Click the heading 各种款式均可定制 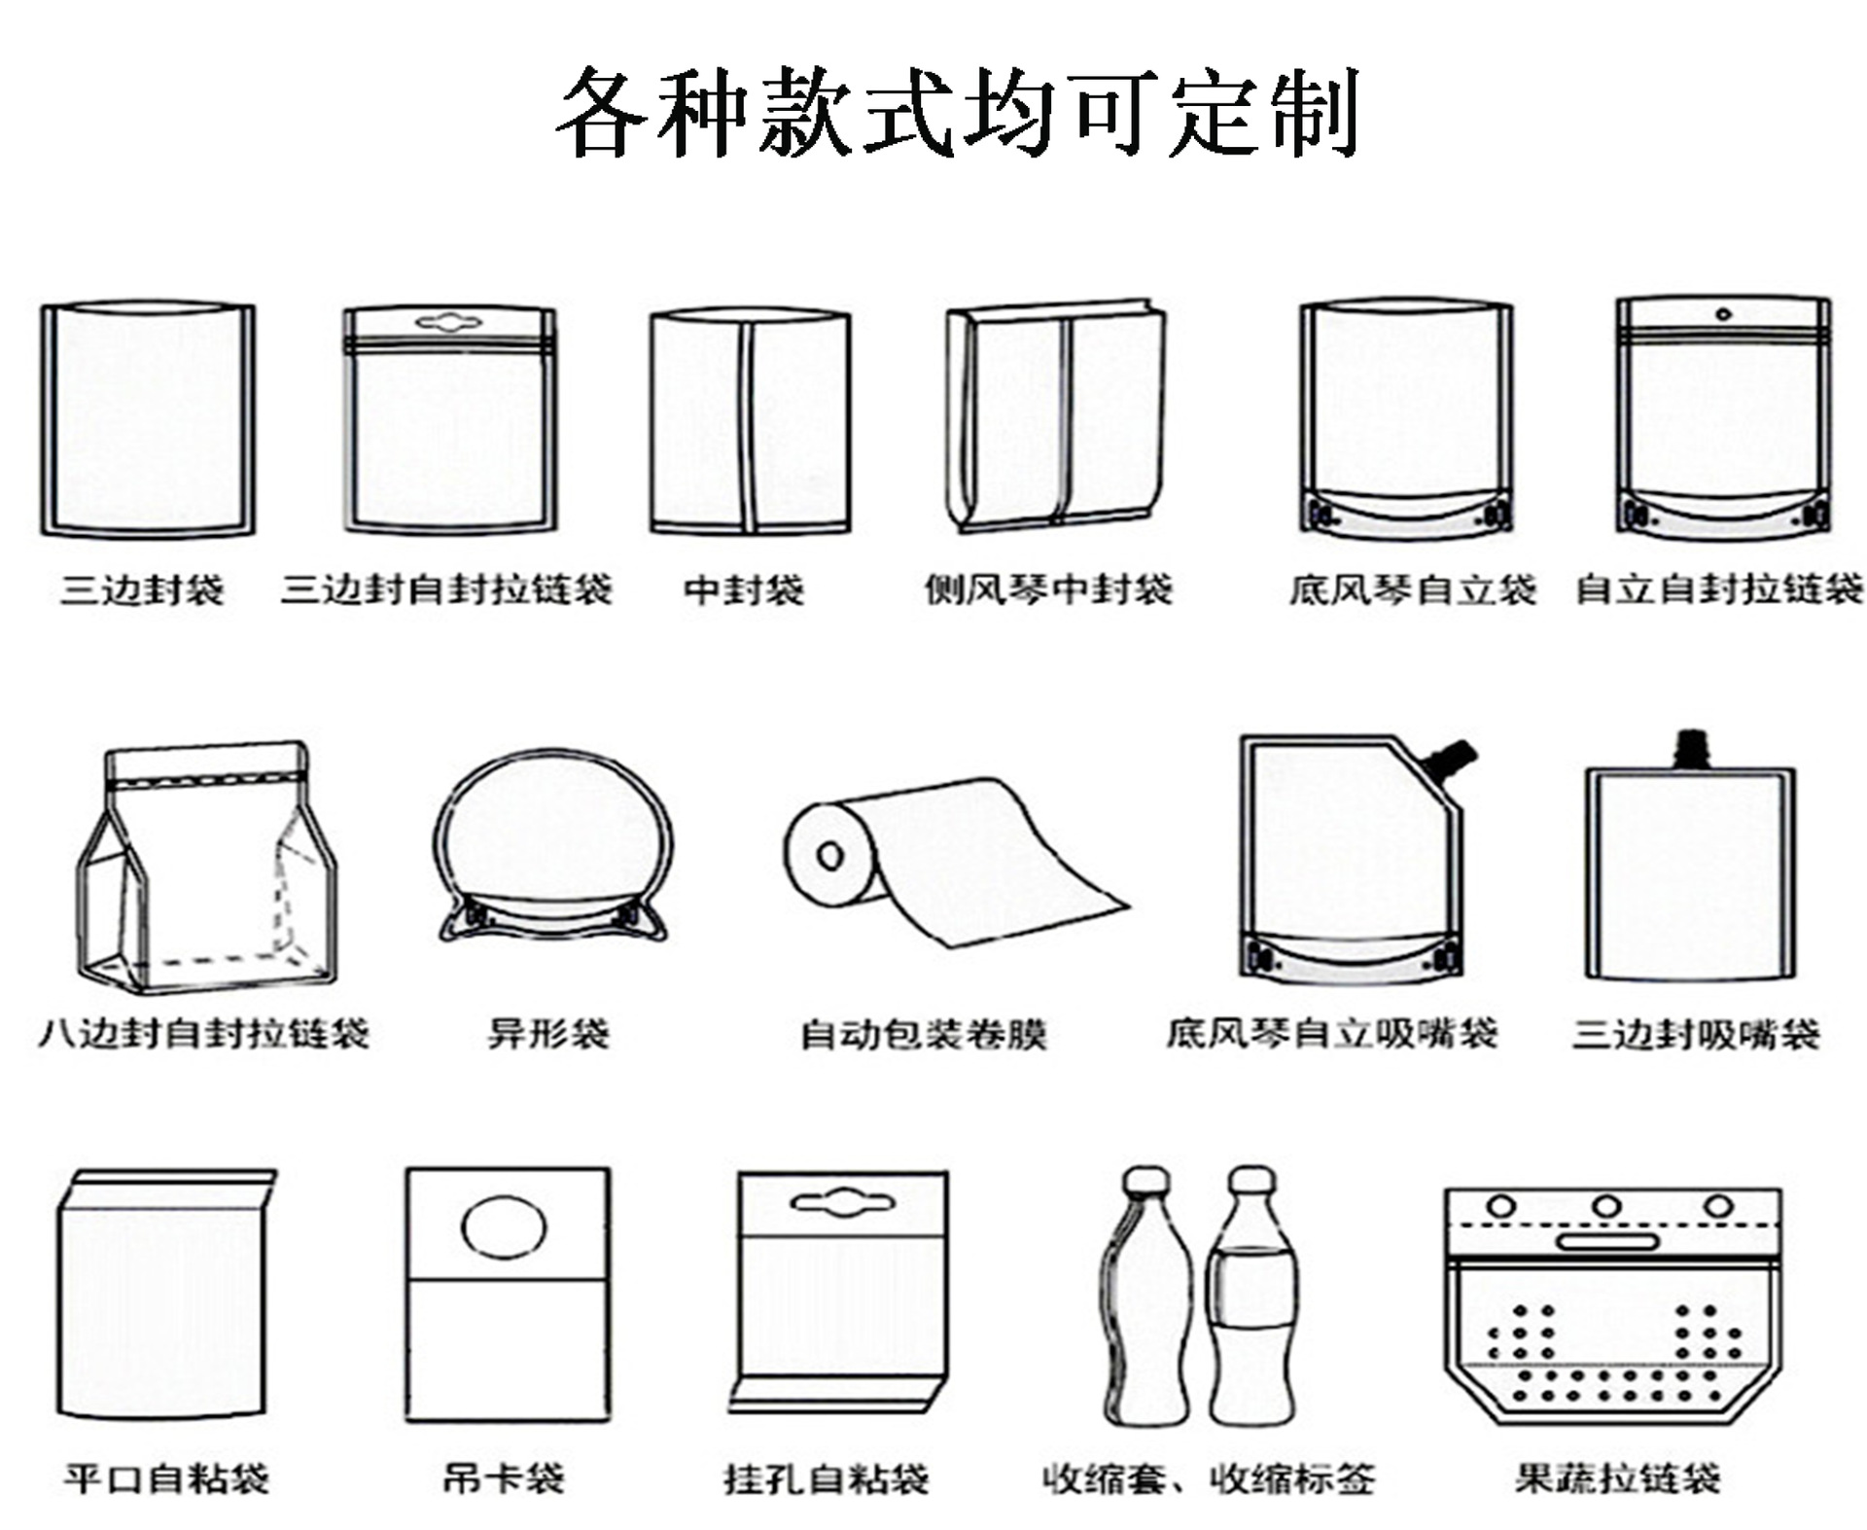click(x=958, y=113)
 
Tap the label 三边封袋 click(x=143, y=589)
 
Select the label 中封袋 click(x=744, y=589)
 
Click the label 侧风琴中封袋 click(x=1048, y=589)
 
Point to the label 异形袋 click(x=548, y=1033)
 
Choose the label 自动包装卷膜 click(x=923, y=1034)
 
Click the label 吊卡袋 click(x=504, y=1478)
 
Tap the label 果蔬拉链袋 click(x=1617, y=1478)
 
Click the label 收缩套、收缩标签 click(x=1209, y=1478)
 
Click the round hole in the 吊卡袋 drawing click(x=503, y=1228)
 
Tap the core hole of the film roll click(x=829, y=856)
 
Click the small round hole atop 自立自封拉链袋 click(x=1723, y=313)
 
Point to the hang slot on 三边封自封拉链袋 click(x=448, y=321)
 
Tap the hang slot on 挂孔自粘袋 click(x=842, y=1203)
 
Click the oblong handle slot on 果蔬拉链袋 click(x=1607, y=1241)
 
